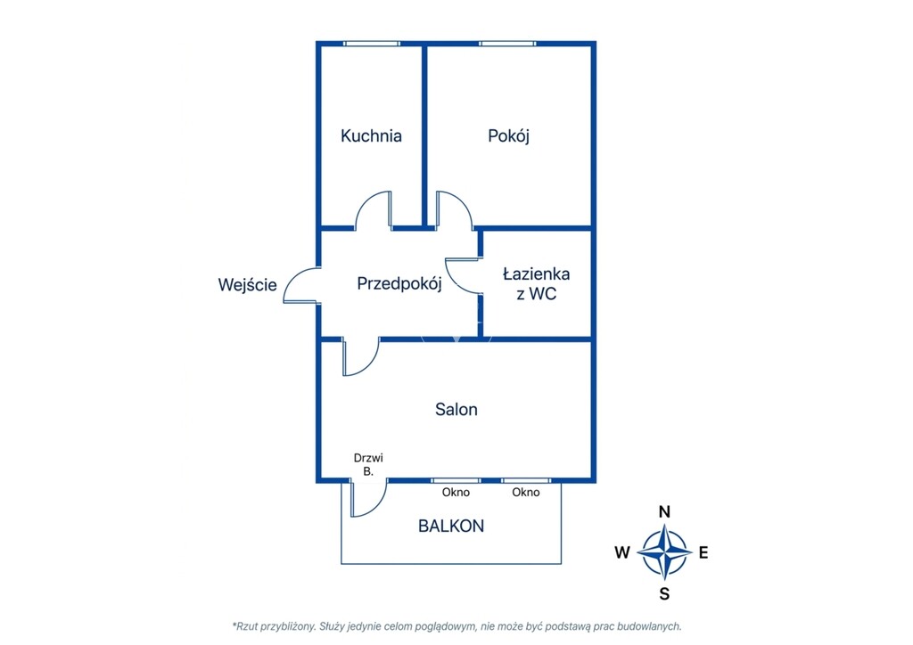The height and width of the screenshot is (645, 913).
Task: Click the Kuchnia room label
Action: point(371,135)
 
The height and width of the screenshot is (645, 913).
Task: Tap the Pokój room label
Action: point(508,136)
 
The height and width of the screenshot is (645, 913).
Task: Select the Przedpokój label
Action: point(399,284)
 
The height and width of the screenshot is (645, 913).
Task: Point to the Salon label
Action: point(456,409)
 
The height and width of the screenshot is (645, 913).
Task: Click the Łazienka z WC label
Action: point(536,283)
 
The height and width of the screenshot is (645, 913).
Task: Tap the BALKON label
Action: point(451,526)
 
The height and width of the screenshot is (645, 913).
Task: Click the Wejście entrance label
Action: point(248,284)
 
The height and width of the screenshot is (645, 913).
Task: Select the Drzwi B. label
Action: point(368,464)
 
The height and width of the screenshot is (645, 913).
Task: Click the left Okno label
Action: point(456,492)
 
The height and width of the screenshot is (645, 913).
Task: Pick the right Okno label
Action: point(526,492)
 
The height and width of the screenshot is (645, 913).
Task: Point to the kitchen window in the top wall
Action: point(372,44)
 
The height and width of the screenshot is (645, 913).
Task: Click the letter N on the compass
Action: point(664,511)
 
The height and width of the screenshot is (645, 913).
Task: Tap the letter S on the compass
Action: point(664,594)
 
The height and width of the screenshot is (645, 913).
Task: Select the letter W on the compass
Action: point(622,552)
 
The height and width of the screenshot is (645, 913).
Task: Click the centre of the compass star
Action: point(664,552)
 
